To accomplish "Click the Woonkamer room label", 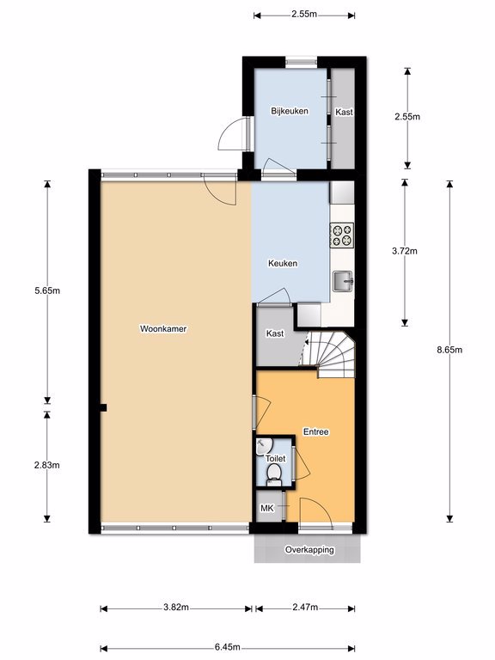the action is click(163, 329).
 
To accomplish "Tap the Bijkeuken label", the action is click(290, 111).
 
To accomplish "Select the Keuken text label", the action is click(283, 264).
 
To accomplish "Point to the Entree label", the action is click(316, 432).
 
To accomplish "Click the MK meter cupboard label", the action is click(267, 509).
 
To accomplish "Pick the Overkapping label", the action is click(309, 550).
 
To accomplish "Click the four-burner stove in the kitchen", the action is click(342, 235).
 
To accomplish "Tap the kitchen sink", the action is click(343, 281).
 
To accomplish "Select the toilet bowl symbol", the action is click(274, 474).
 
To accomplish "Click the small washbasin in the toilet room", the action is click(264, 446).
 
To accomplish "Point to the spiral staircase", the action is click(330, 354).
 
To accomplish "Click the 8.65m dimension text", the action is click(449, 350).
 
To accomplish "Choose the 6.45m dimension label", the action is click(227, 647).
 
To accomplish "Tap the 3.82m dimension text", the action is click(176, 608).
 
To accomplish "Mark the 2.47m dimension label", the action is click(305, 608).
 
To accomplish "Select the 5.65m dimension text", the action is click(47, 290).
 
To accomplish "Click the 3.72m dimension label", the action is click(405, 251).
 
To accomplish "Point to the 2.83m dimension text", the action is click(47, 465).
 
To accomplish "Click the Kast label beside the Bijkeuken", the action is click(344, 113).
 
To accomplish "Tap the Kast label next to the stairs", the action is click(275, 333).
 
